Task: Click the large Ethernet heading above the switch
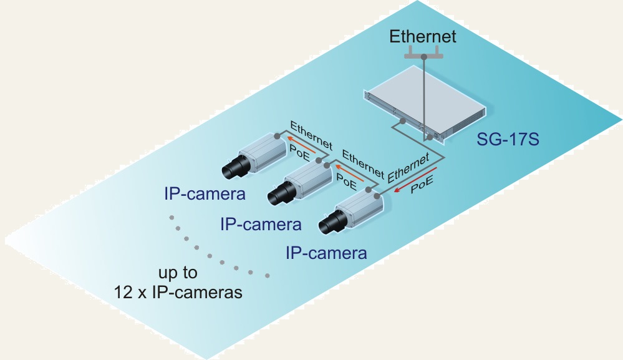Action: pos(422,37)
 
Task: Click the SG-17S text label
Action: pos(508,139)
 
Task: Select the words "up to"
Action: pos(178,273)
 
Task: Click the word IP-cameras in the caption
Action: pos(197,293)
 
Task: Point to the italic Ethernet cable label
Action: pos(408,168)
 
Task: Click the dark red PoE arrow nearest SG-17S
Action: pos(415,180)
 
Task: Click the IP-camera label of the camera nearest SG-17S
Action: pos(326,253)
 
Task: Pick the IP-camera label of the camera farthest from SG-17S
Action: pos(205,194)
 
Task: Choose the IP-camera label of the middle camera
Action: pos(261,225)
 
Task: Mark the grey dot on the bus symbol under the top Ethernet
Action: pos(424,57)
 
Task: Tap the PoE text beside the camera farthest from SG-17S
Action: pos(299,153)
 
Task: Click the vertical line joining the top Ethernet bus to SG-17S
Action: pos(424,98)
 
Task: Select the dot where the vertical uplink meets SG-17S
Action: pos(430,137)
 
